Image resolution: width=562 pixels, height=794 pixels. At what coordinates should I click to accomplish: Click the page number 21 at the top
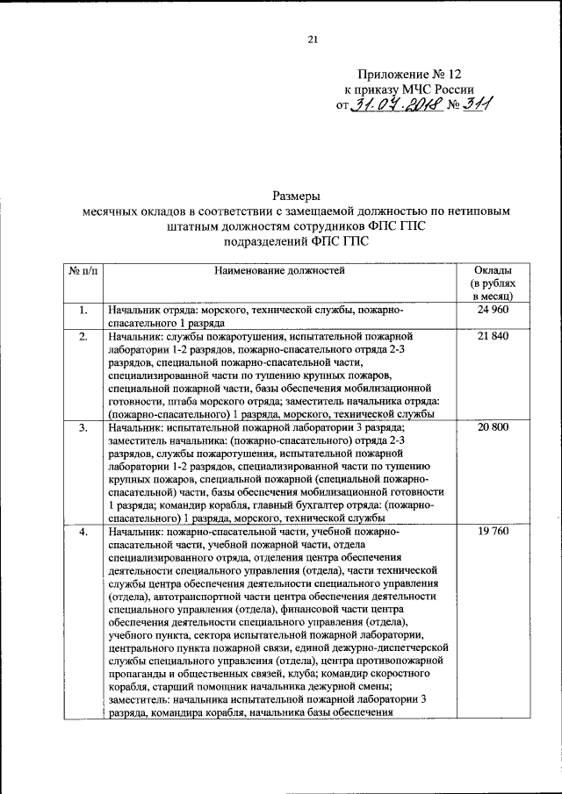tap(312, 38)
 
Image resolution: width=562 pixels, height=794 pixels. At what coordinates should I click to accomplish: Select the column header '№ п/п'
tap(82, 270)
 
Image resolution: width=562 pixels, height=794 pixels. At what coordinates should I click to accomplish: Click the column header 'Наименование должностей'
tap(280, 270)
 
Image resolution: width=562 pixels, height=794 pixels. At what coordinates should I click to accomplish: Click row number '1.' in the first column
tap(82, 311)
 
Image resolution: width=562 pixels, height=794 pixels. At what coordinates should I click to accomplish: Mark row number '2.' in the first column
tap(82, 336)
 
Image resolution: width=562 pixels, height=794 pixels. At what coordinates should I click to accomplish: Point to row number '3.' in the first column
tap(82, 427)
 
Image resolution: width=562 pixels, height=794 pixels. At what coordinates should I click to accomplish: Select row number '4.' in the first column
tap(82, 532)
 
